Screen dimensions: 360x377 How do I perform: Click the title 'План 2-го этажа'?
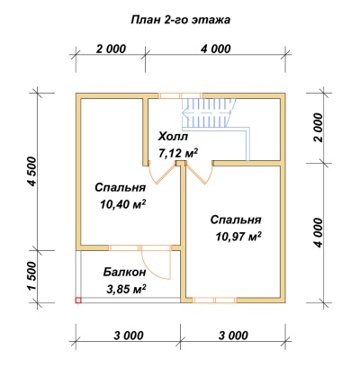181,20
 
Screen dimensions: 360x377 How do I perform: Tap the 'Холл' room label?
173,137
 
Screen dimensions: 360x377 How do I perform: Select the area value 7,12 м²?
178,153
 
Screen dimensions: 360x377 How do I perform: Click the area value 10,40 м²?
122,204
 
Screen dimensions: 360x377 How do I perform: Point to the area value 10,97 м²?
238,237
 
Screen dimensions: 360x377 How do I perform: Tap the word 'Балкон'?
125,273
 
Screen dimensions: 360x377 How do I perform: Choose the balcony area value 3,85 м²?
126,289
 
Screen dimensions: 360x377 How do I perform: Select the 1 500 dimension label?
32,276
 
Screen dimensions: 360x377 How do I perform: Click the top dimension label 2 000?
111,49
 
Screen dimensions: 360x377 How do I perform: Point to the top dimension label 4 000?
216,49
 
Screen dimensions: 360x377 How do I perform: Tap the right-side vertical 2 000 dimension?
319,128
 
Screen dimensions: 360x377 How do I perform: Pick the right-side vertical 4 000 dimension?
319,232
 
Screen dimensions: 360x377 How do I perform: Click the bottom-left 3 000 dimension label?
129,335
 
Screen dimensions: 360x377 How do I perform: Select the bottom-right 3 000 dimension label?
233,335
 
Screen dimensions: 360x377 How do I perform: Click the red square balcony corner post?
78,300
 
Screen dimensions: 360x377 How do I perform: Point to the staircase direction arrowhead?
184,114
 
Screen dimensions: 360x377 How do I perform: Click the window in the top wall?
181,95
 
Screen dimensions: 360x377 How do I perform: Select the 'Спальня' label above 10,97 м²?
236,220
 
